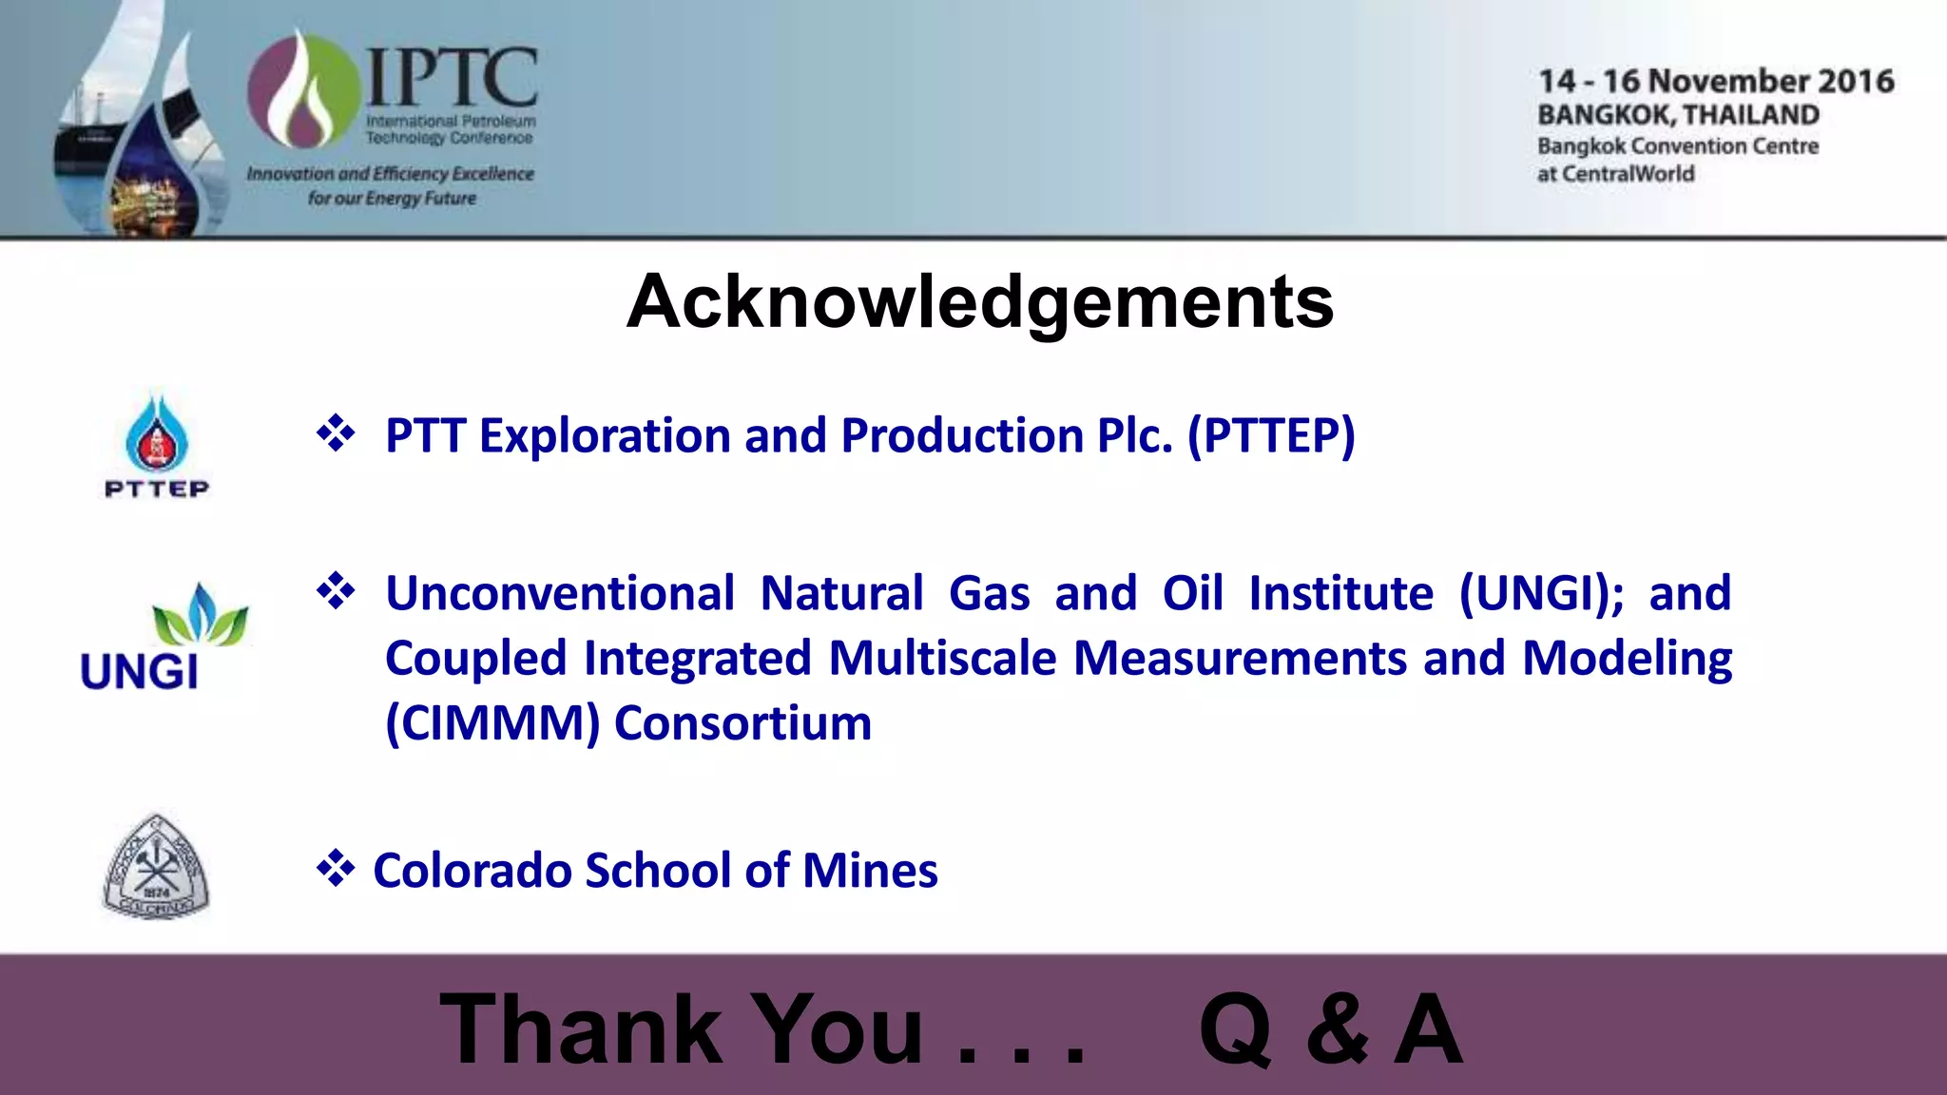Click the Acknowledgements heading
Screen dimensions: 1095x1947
coord(980,302)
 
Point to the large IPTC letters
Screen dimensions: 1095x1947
coord(452,78)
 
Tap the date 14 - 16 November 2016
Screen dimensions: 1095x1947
coord(1716,82)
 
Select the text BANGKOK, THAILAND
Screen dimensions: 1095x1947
coord(1678,115)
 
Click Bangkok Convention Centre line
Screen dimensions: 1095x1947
coord(1678,146)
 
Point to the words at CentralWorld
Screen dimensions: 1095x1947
coord(1615,174)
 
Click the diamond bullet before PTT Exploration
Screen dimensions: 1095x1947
coord(336,434)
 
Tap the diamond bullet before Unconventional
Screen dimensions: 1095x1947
coord(336,591)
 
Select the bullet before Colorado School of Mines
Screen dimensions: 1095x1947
coord(336,869)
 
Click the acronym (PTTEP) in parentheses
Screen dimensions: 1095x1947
coord(1271,437)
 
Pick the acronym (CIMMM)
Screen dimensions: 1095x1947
coord(492,723)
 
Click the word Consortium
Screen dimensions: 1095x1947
coord(742,723)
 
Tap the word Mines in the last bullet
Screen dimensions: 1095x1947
coord(870,871)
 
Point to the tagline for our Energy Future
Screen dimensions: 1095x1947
coord(392,199)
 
